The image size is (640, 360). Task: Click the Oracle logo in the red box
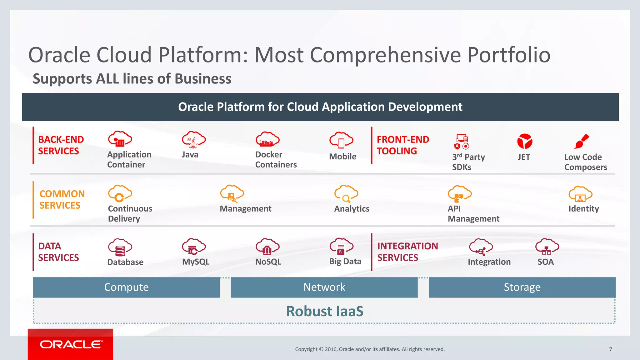click(71, 344)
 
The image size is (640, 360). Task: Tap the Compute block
click(127, 287)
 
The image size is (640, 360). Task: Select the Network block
click(324, 287)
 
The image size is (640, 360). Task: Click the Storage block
click(522, 287)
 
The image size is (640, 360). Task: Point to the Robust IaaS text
click(325, 311)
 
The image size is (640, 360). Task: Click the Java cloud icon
click(194, 140)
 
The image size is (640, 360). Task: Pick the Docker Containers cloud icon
click(267, 140)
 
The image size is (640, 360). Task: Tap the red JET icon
click(524, 142)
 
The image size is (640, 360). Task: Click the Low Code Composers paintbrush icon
click(582, 142)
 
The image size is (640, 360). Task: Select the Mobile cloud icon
click(341, 141)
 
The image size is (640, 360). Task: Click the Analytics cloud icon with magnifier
click(346, 194)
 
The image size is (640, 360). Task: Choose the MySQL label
click(196, 262)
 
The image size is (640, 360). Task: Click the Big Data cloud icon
click(341, 247)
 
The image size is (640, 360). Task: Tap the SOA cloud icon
click(547, 247)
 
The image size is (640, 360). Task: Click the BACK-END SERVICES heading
click(61, 145)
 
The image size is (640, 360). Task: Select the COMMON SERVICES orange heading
click(62, 199)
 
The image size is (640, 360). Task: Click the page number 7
click(610, 349)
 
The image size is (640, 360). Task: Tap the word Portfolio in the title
click(508, 55)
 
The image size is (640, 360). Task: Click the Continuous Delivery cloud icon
click(120, 194)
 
